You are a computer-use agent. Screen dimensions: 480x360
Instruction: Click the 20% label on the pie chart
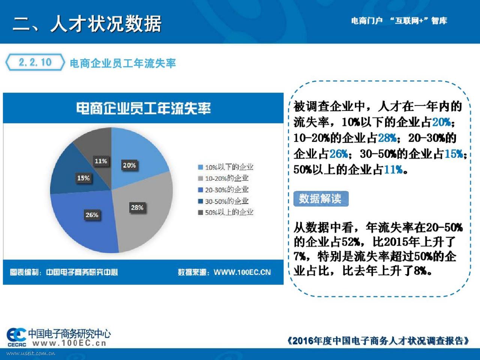[129, 165]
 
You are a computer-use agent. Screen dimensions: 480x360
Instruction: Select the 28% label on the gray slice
[137, 207]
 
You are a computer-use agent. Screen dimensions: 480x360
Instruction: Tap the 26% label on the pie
[92, 215]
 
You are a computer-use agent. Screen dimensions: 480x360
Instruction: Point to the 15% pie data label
[83, 178]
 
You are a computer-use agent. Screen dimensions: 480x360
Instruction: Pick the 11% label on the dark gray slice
[101, 161]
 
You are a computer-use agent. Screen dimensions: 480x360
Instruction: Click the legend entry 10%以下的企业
[226, 167]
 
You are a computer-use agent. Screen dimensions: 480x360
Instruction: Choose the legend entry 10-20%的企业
[223, 178]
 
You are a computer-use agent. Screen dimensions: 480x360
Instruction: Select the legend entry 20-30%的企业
[223, 190]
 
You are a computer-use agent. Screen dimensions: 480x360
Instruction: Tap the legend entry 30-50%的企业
[223, 201]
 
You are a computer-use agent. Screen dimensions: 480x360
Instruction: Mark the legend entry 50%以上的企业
[226, 212]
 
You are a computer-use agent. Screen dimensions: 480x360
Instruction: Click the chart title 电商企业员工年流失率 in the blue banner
[144, 108]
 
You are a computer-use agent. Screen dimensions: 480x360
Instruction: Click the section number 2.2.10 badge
[35, 62]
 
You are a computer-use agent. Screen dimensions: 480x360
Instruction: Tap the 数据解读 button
[321, 199]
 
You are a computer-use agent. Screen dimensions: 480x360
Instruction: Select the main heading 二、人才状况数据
[87, 24]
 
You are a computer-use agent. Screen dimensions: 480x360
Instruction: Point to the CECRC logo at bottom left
[16, 337]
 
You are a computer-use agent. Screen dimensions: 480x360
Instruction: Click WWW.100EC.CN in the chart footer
[242, 272]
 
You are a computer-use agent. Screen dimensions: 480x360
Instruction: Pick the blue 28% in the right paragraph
[387, 138]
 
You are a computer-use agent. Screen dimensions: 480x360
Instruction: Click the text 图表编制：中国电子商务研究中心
[64, 272]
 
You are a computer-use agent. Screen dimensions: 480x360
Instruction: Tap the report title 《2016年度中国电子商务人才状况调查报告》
[378, 340]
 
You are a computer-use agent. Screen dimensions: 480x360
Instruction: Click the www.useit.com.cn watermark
[31, 353]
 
